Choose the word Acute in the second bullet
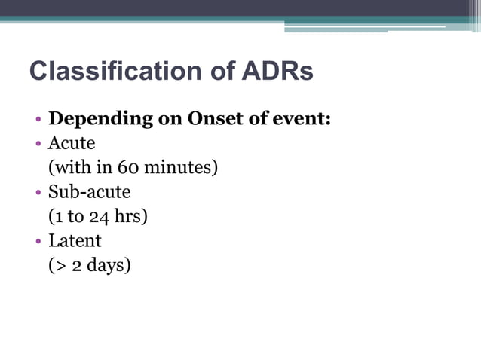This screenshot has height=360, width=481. pyautogui.click(x=72, y=143)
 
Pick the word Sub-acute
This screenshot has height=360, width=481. pyautogui.click(x=89, y=192)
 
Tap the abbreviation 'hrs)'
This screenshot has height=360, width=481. pyautogui.click(x=130, y=217)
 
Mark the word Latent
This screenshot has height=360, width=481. pyautogui.click(x=75, y=241)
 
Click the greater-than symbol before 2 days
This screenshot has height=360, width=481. pyautogui.click(x=60, y=267)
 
